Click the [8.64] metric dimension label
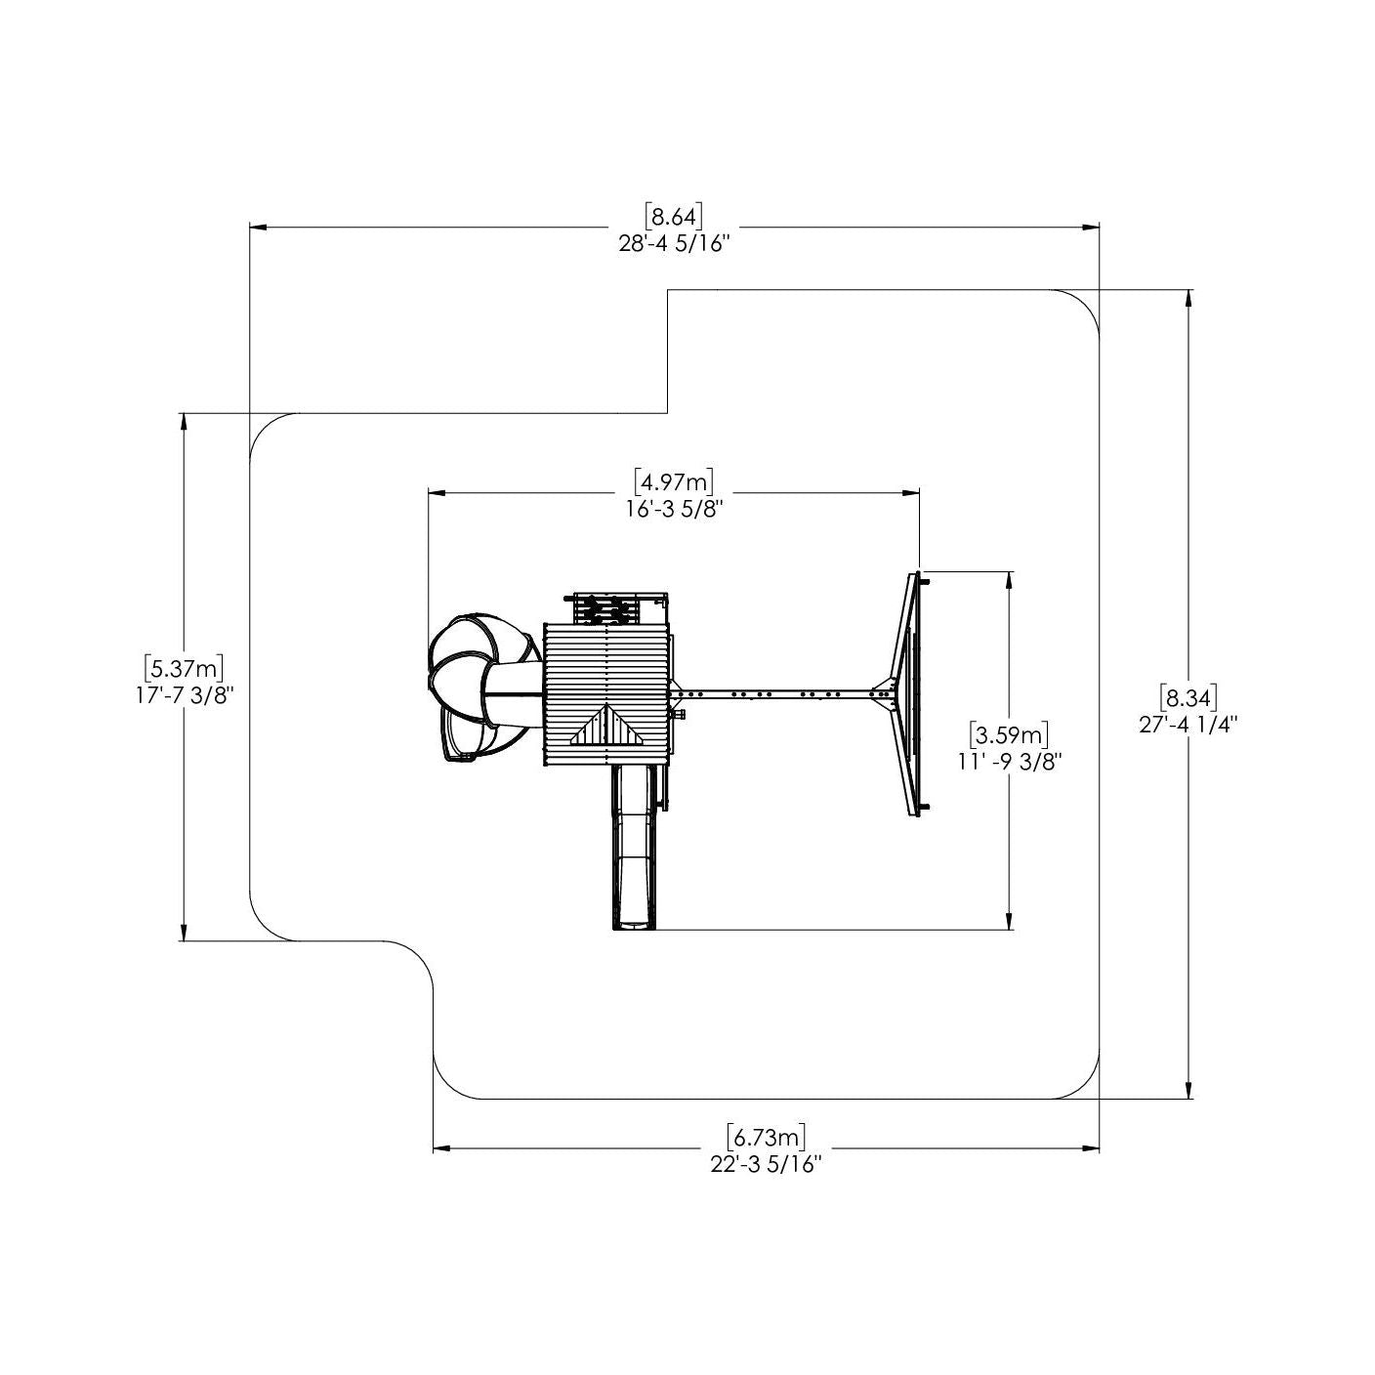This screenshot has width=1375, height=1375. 673,215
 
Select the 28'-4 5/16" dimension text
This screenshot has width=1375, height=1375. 674,244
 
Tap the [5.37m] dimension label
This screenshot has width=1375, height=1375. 184,668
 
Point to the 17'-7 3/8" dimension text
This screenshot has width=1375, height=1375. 185,696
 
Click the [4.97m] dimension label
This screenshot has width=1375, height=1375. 674,481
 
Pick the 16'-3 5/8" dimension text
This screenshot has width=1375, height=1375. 675,510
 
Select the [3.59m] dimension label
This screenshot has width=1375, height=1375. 1009,733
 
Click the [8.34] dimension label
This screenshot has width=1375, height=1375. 1187,696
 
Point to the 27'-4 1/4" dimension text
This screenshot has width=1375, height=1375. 1188,725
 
